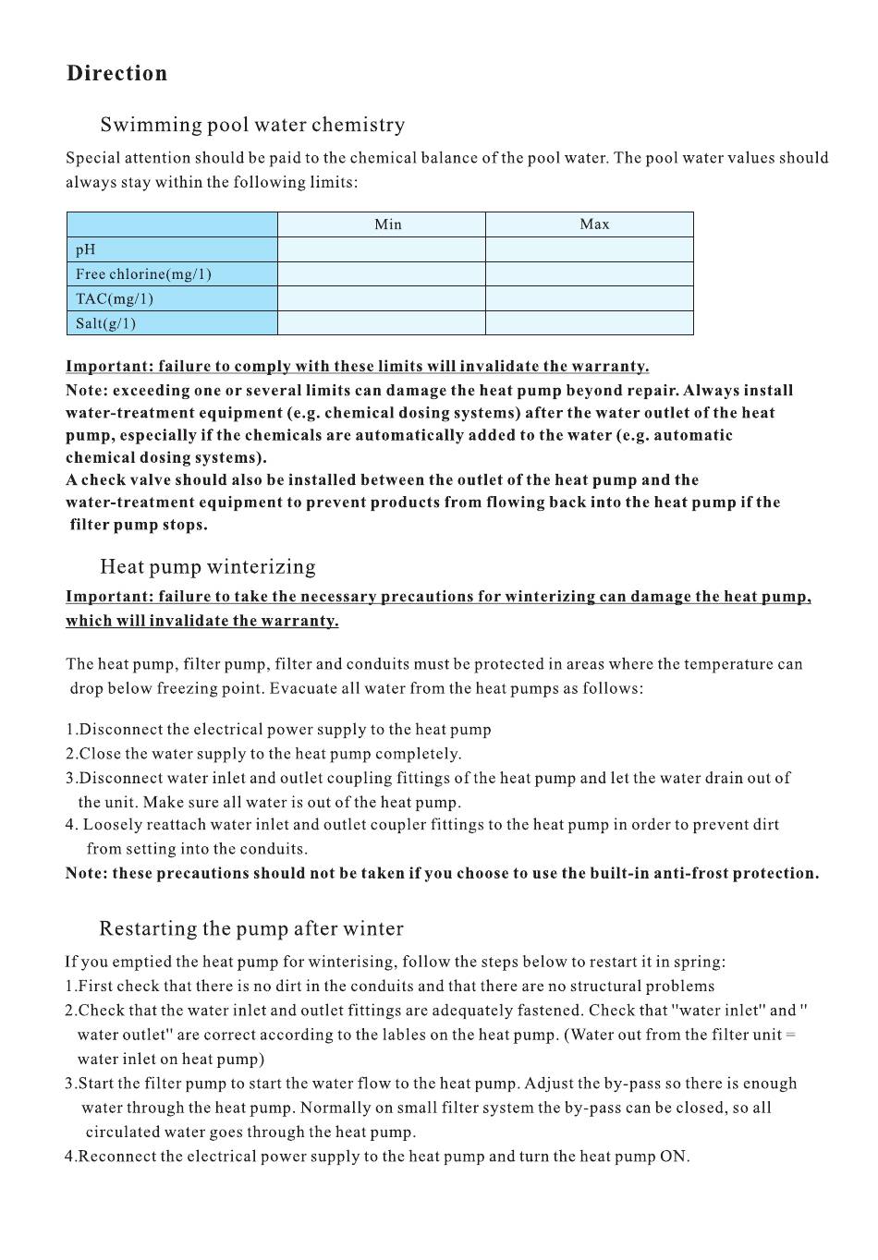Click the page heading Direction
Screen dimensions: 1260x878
(x=116, y=74)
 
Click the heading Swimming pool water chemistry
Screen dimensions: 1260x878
(x=252, y=125)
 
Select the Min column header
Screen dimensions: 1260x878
(x=387, y=224)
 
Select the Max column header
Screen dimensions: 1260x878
(x=594, y=224)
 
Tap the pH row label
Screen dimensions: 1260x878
(x=86, y=249)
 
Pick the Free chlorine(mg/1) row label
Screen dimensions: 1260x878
(x=143, y=274)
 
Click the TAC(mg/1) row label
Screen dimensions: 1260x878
(x=115, y=299)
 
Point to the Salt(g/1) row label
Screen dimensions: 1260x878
(x=105, y=323)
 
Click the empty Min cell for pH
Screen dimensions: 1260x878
(x=381, y=249)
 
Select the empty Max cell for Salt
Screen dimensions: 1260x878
(x=589, y=323)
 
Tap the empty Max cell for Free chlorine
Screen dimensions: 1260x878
(x=589, y=274)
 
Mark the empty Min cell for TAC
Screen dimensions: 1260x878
(x=381, y=299)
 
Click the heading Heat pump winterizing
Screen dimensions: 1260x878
(x=207, y=567)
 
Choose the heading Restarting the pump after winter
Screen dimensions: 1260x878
(x=251, y=929)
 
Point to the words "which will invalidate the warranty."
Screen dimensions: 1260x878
(x=201, y=621)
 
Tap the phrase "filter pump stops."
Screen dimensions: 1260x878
(x=139, y=526)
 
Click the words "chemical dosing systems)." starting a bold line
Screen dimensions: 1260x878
(x=165, y=458)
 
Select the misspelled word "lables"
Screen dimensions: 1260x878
(x=402, y=1036)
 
